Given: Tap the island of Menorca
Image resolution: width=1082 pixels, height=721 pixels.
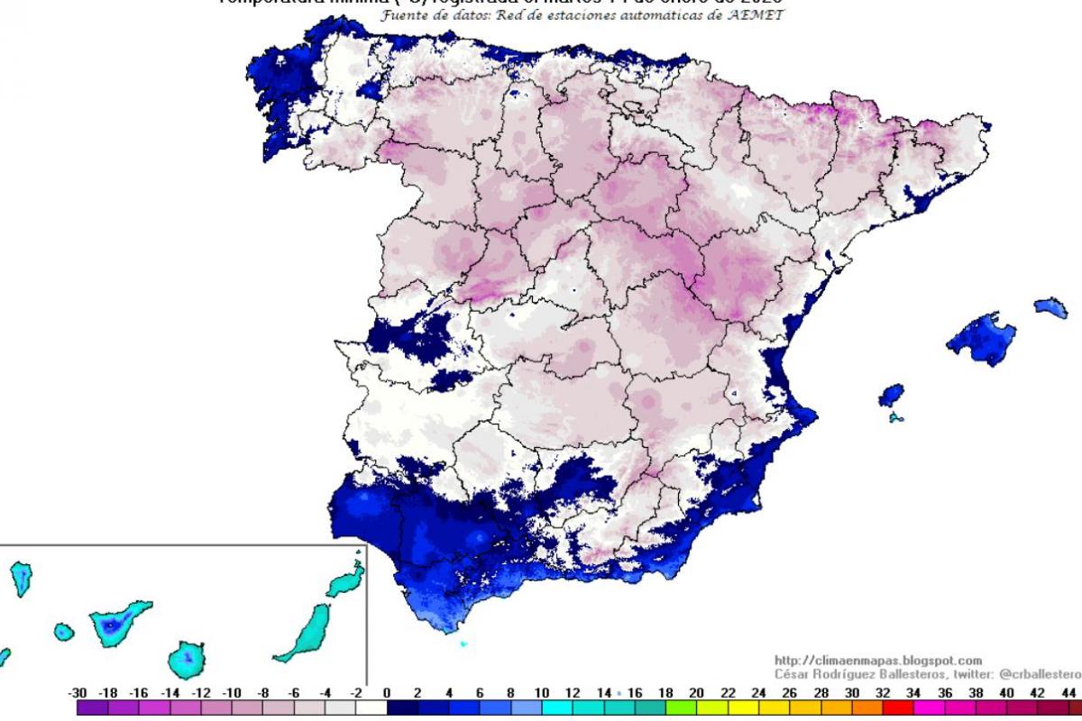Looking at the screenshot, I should coord(1051,307).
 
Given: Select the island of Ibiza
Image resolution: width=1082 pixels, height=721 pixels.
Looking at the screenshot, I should coord(891,395).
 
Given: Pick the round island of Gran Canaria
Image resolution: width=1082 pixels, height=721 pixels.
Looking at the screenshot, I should coord(188,660).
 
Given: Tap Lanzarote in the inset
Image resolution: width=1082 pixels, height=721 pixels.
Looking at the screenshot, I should coord(347,581).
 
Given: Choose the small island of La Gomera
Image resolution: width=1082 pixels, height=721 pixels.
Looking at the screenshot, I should coord(61,632).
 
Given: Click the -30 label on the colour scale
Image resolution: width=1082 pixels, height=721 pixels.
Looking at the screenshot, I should coord(78,693).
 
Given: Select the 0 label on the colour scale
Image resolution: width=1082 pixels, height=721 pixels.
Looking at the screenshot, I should coord(386,693).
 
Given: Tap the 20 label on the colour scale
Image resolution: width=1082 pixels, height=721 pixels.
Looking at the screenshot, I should coord(695,693).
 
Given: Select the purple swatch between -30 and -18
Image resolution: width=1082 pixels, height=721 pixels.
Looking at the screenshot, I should coord(93,709).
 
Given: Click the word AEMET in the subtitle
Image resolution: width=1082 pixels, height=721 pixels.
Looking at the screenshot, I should coord(755,15).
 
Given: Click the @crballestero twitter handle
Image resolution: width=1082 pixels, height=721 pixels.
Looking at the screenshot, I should coord(1037,674).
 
